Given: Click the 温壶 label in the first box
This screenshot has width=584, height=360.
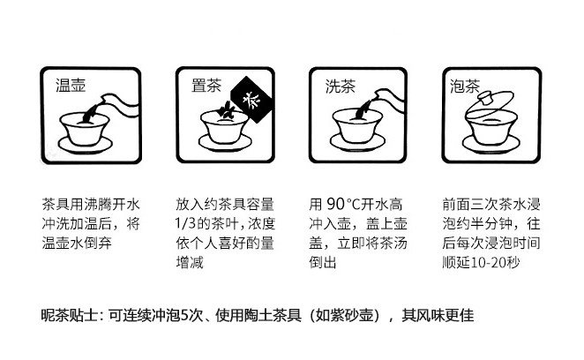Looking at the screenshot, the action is pyautogui.click(x=71, y=86).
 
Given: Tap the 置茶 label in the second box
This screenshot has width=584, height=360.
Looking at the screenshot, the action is pyautogui.click(x=206, y=86).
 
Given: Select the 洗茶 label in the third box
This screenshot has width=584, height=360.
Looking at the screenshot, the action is pyautogui.click(x=340, y=86).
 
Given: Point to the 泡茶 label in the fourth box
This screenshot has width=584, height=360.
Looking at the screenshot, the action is pyautogui.click(x=464, y=86).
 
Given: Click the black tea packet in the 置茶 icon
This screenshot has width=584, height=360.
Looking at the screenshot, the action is pyautogui.click(x=252, y=100).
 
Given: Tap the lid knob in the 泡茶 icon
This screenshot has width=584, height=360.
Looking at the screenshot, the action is pyautogui.click(x=486, y=99).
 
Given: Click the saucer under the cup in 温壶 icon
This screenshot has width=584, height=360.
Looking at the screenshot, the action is pyautogui.click(x=85, y=146).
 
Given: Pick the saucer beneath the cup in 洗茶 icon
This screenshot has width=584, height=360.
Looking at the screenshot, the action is pyautogui.click(x=357, y=143).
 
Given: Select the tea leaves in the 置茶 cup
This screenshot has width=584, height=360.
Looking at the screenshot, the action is pyautogui.click(x=225, y=110).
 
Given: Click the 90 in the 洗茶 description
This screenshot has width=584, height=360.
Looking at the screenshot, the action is pyautogui.click(x=335, y=204).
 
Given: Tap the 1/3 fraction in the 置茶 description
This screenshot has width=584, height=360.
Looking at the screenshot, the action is pyautogui.click(x=185, y=223).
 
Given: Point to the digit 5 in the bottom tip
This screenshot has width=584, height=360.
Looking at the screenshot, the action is pyautogui.click(x=184, y=315).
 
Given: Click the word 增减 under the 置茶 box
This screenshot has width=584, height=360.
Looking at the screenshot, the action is pyautogui.click(x=190, y=262).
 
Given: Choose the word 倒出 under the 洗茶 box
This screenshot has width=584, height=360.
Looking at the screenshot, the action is pyautogui.click(x=323, y=262).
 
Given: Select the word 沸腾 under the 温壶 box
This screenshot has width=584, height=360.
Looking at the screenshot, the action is pyautogui.click(x=98, y=204).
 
